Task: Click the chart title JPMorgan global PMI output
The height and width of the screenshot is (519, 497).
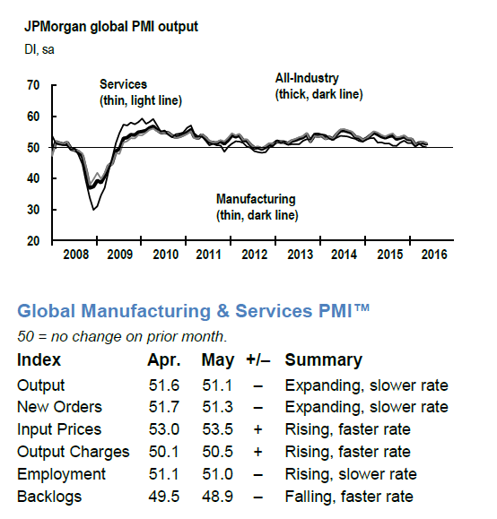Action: coord(111,27)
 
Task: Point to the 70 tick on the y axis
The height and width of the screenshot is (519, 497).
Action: coord(33,85)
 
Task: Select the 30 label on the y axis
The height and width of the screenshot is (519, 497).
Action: coord(33,210)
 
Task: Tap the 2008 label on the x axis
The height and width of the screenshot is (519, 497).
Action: coord(76,255)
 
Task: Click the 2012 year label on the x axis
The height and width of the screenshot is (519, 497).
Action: coord(254,255)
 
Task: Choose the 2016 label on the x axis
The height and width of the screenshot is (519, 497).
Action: coord(434,255)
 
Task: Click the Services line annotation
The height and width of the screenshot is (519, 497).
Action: coord(141,92)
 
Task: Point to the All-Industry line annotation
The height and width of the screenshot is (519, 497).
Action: coord(318,86)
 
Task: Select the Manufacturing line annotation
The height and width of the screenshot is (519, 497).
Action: coord(257,207)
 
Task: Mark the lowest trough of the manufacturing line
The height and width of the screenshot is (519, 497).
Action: coord(93,210)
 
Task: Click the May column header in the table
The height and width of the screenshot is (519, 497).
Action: coord(218,360)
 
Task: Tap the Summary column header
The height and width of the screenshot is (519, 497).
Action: coord(323,360)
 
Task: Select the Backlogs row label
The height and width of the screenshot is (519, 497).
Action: coord(49,497)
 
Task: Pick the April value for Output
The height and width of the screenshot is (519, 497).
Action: coord(163,385)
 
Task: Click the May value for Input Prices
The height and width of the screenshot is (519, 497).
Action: coord(217,429)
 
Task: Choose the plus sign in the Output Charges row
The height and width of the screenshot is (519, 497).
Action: coord(257,452)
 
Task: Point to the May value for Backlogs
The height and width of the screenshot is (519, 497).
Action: coord(217,497)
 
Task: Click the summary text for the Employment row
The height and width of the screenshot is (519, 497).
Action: coord(351,474)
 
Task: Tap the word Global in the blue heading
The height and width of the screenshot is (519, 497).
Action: coord(47,311)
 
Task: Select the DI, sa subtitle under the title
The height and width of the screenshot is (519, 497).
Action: coord(39,49)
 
